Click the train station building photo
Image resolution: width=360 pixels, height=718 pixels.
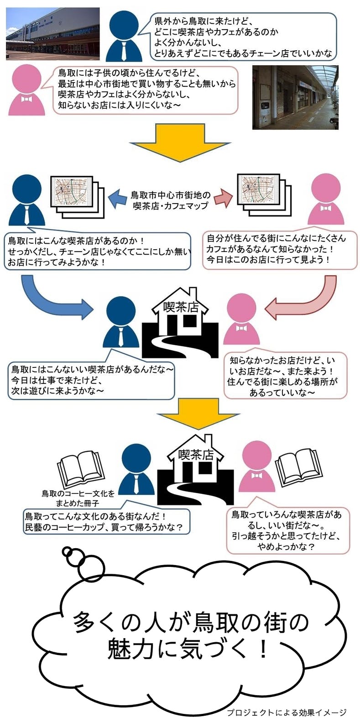click(52, 34)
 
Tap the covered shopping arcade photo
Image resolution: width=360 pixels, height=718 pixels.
click(295, 97)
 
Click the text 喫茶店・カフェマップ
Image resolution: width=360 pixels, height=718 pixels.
click(170, 205)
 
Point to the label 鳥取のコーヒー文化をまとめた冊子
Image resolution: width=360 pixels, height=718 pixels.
click(78, 498)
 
